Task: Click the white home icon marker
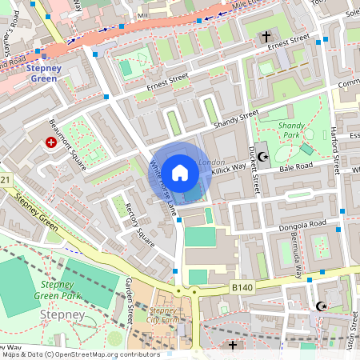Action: [x=180, y=172]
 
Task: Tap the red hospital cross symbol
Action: [x=51, y=142]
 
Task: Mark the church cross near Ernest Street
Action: [x=266, y=37]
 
